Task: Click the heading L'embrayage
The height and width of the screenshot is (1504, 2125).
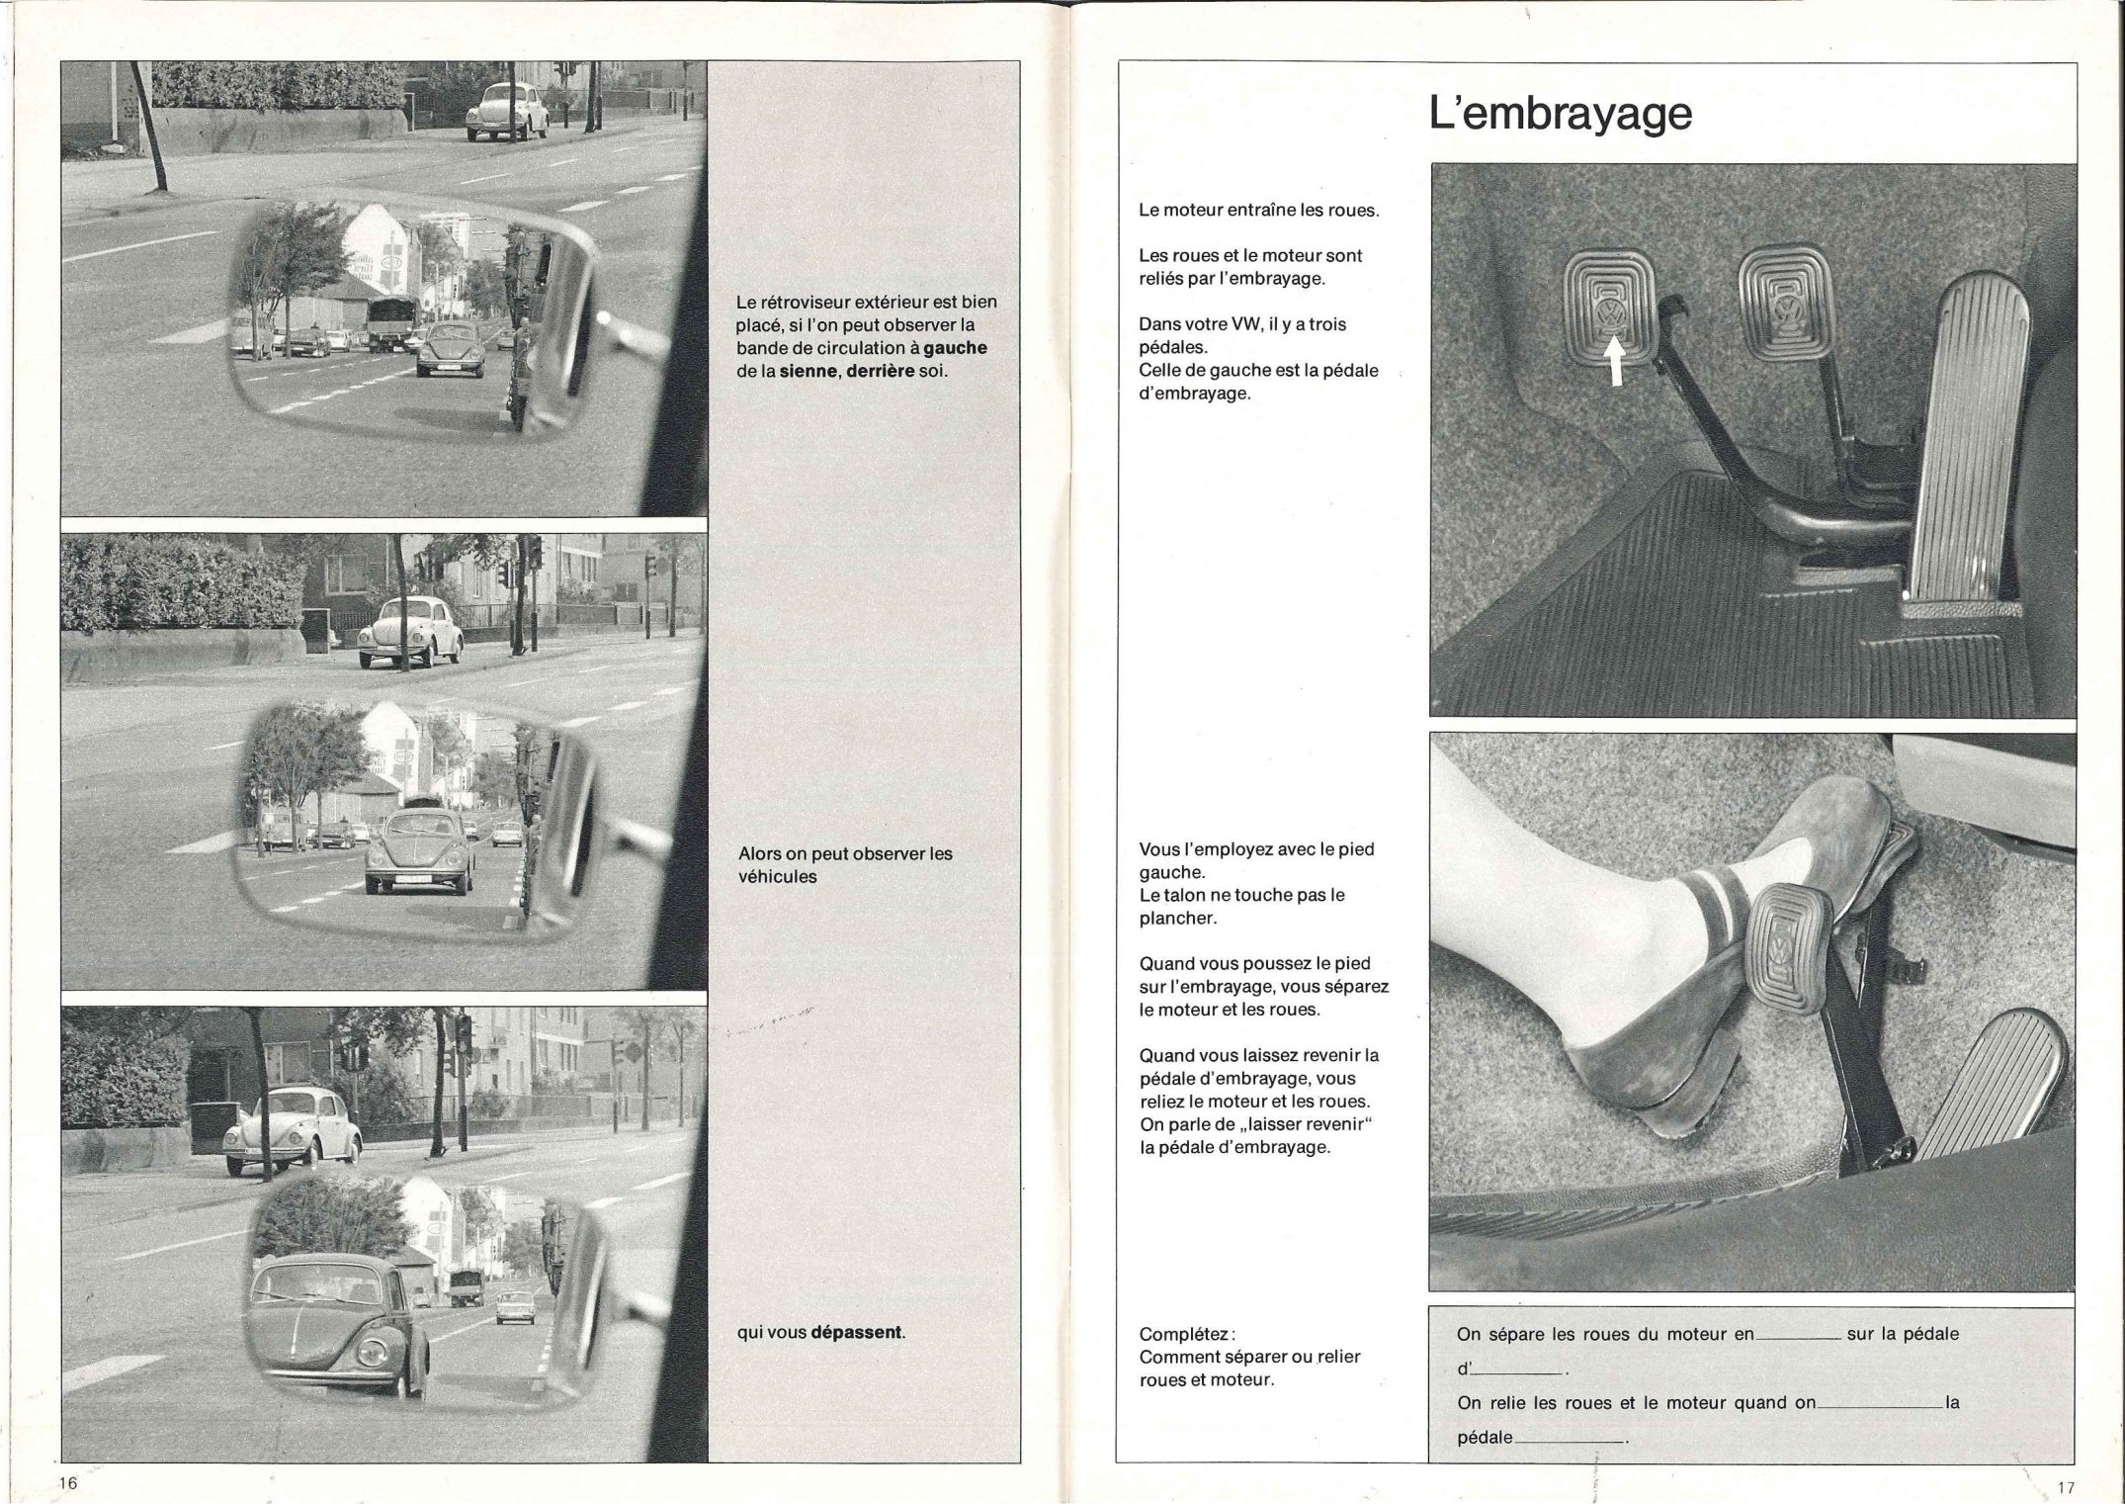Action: [x=1561, y=114]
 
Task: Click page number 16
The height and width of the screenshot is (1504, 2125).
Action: [x=67, y=1484]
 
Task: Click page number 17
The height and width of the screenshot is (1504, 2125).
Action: [x=2066, y=1487]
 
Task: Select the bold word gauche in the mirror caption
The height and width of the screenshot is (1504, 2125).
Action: [x=955, y=348]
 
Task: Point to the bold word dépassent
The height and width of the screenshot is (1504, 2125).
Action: [x=856, y=1332]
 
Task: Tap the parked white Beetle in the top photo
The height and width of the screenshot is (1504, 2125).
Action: [x=507, y=112]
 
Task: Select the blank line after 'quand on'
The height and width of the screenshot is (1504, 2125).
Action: [x=1879, y=1408]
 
